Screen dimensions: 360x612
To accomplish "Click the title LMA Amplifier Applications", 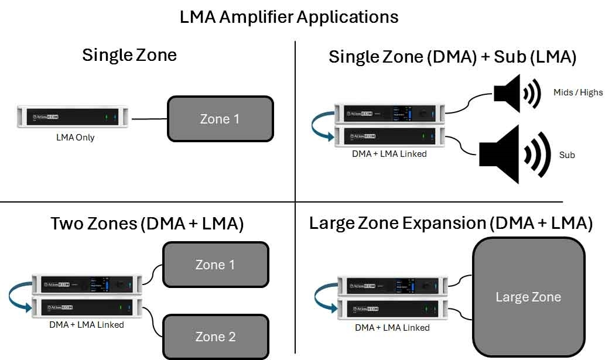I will click(289, 16).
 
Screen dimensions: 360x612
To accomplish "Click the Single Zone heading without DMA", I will click(129, 55).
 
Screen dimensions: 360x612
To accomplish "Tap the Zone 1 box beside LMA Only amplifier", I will click(220, 119).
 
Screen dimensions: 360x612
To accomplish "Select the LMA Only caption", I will click(76, 138).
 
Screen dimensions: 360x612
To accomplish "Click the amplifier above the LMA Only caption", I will click(76, 119).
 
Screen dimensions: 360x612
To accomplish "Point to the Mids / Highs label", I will click(577, 92).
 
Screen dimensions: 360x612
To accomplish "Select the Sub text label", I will click(567, 155).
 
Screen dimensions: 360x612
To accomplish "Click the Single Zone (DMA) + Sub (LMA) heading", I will click(453, 57).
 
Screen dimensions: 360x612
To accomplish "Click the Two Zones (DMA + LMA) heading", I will click(147, 224).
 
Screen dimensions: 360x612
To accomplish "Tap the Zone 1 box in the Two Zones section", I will click(215, 265).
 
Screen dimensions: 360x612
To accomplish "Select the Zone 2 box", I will click(215, 337).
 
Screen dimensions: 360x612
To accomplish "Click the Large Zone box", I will click(528, 297).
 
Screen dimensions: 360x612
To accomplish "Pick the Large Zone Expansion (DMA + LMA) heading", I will click(451, 223).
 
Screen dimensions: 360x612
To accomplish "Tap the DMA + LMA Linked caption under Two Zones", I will click(87, 324).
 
